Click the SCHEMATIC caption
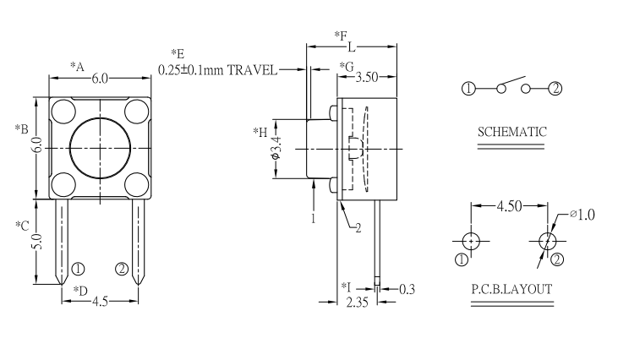click(511, 132)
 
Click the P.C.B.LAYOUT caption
click(511, 289)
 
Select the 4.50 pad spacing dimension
click(510, 205)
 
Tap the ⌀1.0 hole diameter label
click(582, 215)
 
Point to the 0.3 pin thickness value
click(407, 288)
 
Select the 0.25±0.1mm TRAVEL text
click(217, 69)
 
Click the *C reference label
click(23, 226)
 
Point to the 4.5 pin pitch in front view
click(100, 302)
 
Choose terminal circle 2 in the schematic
click(555, 89)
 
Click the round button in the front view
click(100, 147)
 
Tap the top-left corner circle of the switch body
click(63, 110)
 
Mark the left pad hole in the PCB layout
click(471, 240)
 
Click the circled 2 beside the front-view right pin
click(122, 269)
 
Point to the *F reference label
click(341, 35)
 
